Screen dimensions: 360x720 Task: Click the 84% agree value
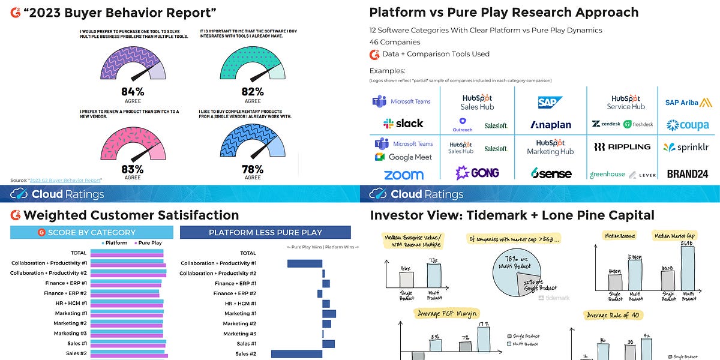point(132,91)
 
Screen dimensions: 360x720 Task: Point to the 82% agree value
point(252,91)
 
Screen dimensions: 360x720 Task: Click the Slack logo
point(403,124)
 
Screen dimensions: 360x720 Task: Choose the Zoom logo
point(403,175)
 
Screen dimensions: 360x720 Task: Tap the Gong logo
point(477,173)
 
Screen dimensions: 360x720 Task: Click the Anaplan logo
point(551,125)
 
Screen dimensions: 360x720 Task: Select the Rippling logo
point(622,146)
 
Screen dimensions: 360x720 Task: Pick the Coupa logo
point(688,125)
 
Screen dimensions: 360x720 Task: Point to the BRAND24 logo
point(688,174)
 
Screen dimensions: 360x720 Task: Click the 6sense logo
point(551,173)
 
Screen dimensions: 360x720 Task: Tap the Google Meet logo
point(403,157)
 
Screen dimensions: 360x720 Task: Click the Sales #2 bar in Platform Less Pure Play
point(296,354)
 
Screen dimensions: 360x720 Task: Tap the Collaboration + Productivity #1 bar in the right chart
point(305,263)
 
